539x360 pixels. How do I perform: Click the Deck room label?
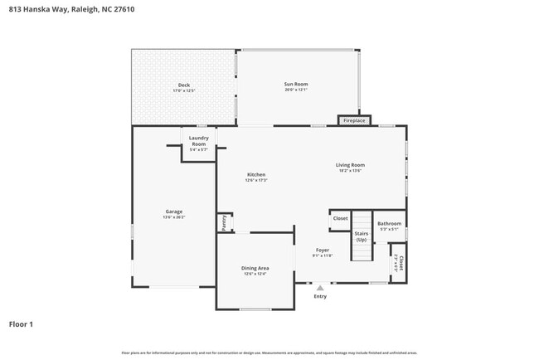click(x=183, y=85)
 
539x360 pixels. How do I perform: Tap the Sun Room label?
click(x=296, y=84)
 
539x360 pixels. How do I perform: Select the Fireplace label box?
click(x=354, y=121)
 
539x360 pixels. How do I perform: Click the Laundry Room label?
click(x=198, y=141)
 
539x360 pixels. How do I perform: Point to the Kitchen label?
click(x=255, y=174)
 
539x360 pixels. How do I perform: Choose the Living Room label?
click(x=350, y=164)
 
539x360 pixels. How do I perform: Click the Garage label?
click(x=173, y=212)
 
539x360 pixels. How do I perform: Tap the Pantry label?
click(x=223, y=221)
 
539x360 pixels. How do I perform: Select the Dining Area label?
click(x=255, y=268)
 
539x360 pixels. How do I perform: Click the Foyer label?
click(x=323, y=250)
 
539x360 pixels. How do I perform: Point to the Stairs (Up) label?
click(x=361, y=236)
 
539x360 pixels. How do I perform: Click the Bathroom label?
click(x=389, y=223)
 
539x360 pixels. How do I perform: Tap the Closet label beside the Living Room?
click(x=340, y=219)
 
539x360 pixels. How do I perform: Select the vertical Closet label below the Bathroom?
click(x=401, y=263)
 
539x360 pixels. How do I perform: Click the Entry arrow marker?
click(x=320, y=287)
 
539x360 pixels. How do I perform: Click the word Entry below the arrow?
click(x=320, y=296)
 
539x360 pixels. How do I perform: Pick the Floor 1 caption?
click(x=22, y=324)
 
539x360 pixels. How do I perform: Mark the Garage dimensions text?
click(x=173, y=217)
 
